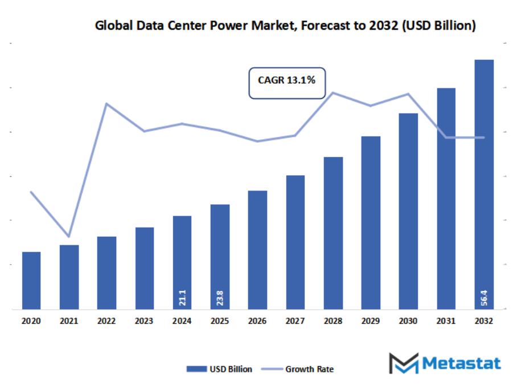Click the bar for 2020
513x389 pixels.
tap(31, 280)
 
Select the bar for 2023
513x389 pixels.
tap(144, 268)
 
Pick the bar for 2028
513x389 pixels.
tap(333, 233)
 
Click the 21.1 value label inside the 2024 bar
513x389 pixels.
tap(182, 297)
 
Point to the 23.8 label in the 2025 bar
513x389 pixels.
tap(220, 297)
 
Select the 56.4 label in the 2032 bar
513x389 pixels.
tap(484, 297)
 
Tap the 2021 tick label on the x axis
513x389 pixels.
tap(69, 321)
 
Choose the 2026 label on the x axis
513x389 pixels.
tap(257, 321)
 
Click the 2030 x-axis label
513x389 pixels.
tap(408, 321)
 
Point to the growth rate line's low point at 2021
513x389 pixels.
tap(69, 236)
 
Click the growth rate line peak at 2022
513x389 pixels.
tap(106, 104)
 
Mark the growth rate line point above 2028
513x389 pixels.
tap(333, 92)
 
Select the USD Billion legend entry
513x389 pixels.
tap(219, 369)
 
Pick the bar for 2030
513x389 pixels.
tap(408, 211)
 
